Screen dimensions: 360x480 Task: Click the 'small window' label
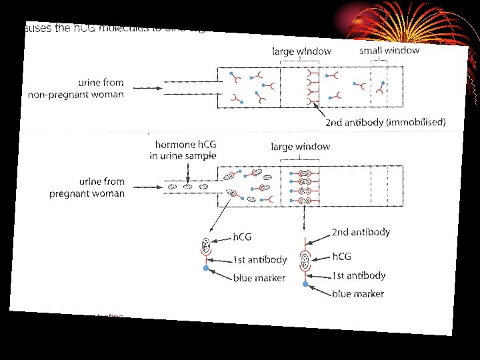389,50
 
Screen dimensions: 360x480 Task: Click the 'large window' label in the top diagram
301,50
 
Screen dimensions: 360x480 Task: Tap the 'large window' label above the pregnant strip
300,147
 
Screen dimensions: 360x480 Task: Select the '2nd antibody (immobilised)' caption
385,122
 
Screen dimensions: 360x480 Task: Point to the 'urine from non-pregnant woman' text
76,89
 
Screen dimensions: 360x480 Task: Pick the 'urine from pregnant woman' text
87,188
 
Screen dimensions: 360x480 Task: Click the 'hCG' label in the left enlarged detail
242,236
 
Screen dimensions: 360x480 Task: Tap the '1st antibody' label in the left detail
259,259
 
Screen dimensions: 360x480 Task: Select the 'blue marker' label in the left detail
259,277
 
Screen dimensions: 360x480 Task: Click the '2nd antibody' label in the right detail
361,232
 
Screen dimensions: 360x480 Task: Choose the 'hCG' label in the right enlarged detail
341,257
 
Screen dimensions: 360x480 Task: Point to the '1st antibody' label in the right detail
359,275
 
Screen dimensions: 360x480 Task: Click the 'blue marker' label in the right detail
358,293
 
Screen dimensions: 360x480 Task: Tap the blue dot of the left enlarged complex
207,268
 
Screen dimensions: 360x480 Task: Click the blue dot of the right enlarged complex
305,284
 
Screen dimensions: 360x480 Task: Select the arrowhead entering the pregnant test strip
162,186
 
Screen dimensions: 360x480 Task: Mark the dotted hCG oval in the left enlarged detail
206,244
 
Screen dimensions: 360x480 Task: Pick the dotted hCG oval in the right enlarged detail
306,259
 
